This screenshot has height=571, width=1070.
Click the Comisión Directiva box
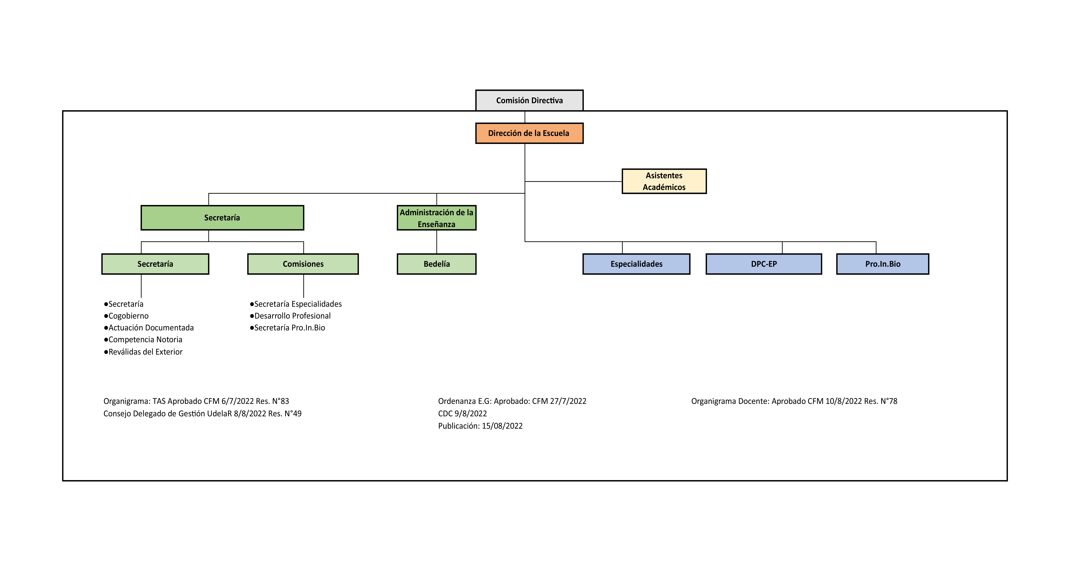529,100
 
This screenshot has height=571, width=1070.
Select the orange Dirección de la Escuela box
529,133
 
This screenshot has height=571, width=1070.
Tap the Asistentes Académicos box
664,181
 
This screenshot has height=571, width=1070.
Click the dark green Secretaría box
222,217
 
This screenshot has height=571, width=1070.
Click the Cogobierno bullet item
126,316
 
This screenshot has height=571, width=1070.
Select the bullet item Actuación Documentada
149,327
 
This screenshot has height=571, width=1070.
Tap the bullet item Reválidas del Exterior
143,352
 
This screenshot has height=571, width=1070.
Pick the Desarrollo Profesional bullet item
290,316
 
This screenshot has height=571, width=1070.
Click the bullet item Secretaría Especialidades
296,304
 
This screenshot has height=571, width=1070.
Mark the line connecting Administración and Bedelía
437,242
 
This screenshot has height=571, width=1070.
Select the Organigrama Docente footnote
794,401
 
